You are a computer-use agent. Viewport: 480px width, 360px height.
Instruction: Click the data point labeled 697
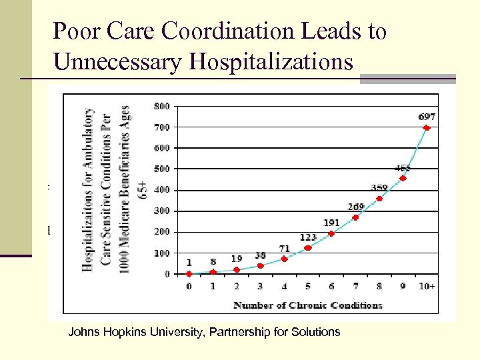pyautogui.click(x=427, y=128)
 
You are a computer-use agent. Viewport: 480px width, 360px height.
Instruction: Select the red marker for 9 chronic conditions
pyautogui.click(x=403, y=178)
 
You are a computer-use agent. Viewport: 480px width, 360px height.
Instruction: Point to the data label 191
pyautogui.click(x=331, y=223)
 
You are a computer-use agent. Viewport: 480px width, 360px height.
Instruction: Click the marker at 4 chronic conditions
pyautogui.click(x=284, y=259)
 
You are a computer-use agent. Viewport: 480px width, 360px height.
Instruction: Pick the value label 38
pyautogui.click(x=260, y=255)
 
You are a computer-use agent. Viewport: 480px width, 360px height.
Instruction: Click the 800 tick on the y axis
pyautogui.click(x=162, y=105)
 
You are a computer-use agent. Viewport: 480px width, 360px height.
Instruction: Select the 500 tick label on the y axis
pyautogui.click(x=162, y=169)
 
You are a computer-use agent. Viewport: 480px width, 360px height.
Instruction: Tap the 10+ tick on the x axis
pyautogui.click(x=427, y=287)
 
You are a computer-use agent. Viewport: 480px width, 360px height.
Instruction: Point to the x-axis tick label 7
pyautogui.click(x=355, y=287)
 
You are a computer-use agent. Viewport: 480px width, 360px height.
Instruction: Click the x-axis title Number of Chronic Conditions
pyautogui.click(x=308, y=305)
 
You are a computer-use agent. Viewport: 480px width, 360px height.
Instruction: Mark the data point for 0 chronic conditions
pyautogui.click(x=189, y=273)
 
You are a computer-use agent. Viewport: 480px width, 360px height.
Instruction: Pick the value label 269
pyautogui.click(x=356, y=207)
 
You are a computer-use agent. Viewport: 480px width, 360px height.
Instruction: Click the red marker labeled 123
pyautogui.click(x=308, y=248)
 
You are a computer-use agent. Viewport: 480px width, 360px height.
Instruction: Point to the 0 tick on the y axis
pyautogui.click(x=167, y=274)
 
